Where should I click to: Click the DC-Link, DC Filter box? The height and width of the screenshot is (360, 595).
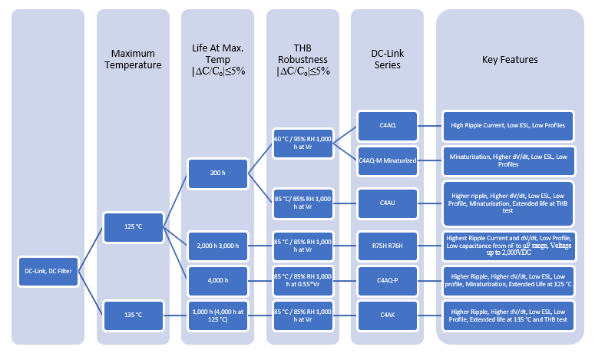point(48,271)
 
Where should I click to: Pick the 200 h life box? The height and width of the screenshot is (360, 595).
point(217,173)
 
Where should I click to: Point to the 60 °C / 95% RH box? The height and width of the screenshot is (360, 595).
point(302,141)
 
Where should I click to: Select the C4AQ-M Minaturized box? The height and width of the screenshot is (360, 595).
point(387,160)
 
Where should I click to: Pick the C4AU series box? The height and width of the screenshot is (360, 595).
point(387,202)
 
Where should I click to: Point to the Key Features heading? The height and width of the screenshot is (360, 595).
point(509,59)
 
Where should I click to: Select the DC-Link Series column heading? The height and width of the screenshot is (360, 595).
point(387,59)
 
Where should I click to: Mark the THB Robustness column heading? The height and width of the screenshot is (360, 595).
point(303,59)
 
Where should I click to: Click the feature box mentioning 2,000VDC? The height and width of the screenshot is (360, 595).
point(510,243)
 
